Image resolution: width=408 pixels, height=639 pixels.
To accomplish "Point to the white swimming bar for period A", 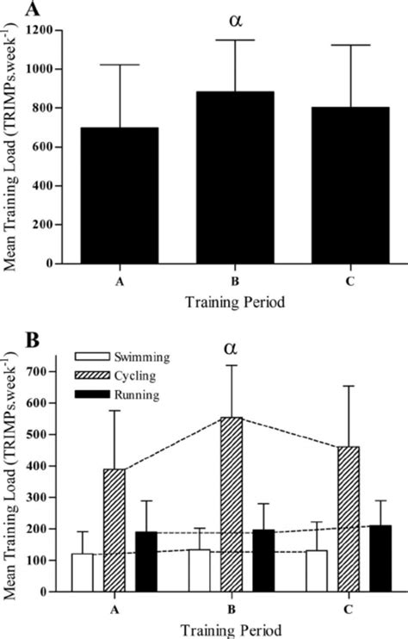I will coord(83,573).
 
